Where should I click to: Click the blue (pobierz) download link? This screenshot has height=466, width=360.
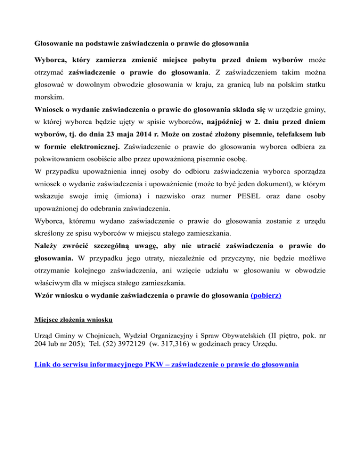(266, 296)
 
